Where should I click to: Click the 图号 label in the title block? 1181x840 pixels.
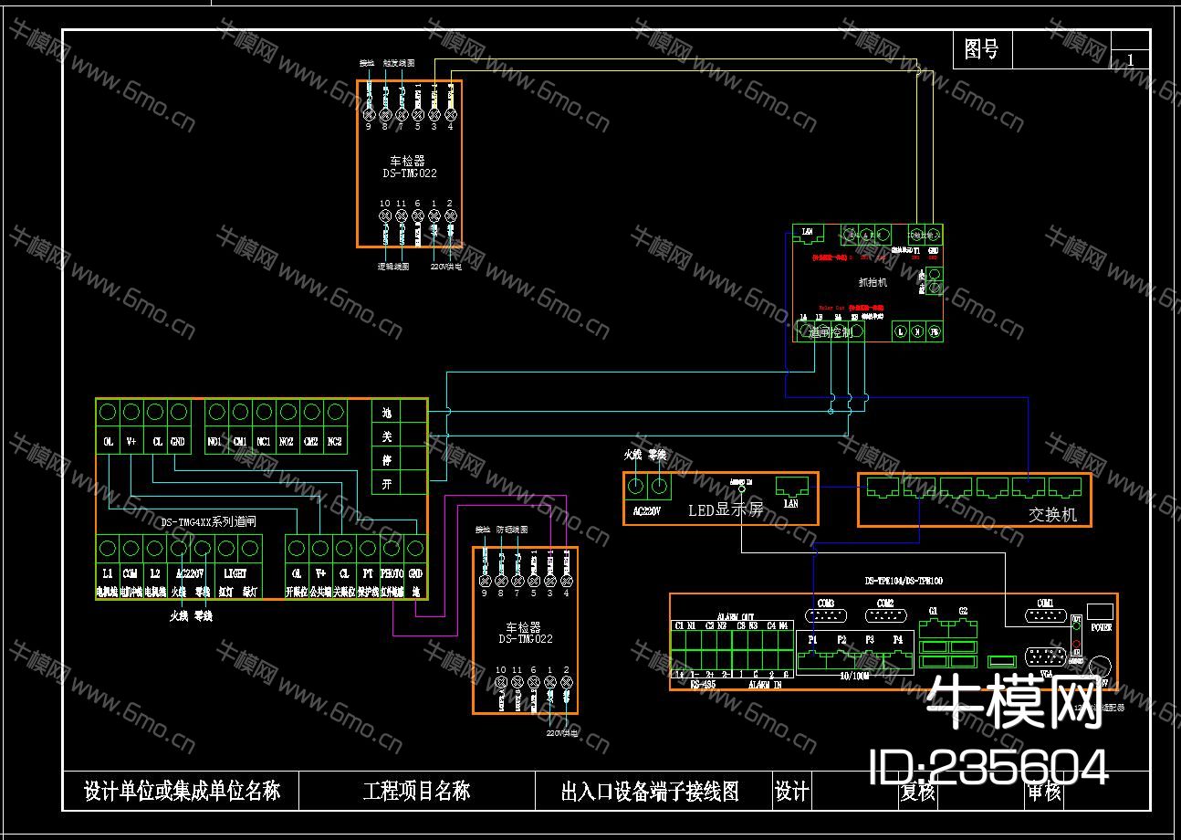coord(981,49)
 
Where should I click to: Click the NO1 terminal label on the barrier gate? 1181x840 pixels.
coord(215,441)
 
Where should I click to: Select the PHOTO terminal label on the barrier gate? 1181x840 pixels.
coord(392,573)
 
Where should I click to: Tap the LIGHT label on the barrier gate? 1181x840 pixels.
coord(235,573)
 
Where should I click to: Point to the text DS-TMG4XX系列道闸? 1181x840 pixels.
coord(208,522)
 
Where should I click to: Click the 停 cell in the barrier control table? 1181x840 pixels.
coord(386,460)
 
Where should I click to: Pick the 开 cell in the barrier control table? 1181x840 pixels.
coord(386,484)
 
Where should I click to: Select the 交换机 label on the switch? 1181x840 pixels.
coord(1052,515)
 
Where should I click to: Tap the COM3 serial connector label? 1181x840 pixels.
coord(826,604)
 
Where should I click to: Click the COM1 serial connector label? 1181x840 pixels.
coord(1045,604)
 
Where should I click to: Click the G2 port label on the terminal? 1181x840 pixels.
coord(963,611)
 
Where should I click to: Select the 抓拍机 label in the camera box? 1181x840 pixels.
coord(873,283)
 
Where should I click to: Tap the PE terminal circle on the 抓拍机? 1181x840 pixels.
coord(934,332)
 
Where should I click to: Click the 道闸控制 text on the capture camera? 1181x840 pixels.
coord(830,333)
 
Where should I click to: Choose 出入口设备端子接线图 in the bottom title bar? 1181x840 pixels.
coord(649,791)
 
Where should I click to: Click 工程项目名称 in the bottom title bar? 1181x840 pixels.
coord(416,791)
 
